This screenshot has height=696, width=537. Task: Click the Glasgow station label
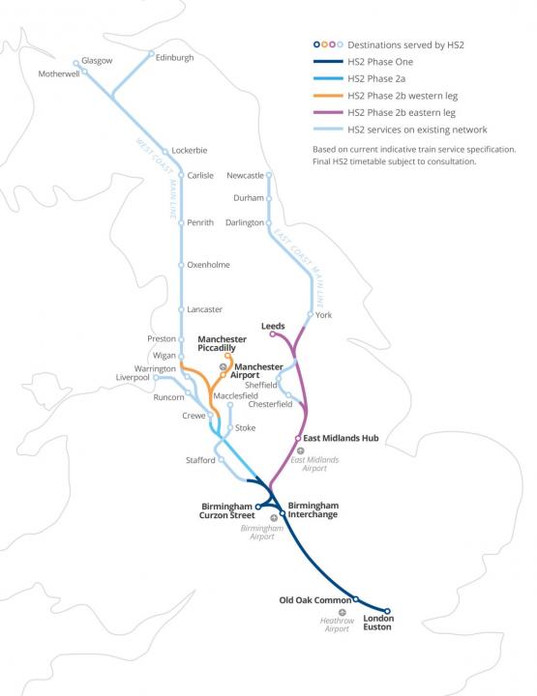[98, 60]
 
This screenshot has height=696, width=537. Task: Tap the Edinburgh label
[175, 58]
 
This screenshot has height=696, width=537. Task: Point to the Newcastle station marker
[269, 175]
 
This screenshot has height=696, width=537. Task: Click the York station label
[323, 314]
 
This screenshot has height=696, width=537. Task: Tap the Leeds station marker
[272, 334]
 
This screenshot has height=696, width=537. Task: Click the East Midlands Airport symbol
[301, 450]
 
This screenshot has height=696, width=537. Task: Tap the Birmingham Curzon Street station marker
[258, 505]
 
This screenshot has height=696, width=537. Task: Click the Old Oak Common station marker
[355, 598]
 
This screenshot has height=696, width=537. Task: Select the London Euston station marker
[387, 611]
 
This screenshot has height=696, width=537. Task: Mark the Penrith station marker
[181, 222]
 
